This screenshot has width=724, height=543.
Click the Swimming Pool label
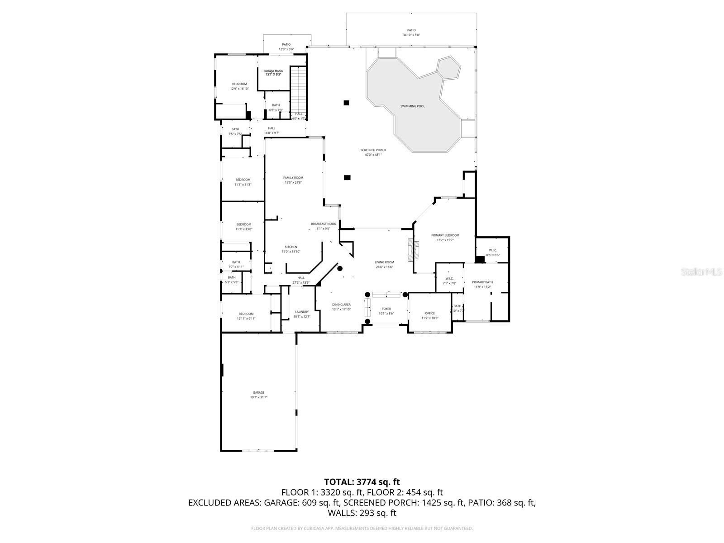tap(412, 106)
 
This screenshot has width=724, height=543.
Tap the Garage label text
tap(258, 393)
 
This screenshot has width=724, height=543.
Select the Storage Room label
tap(273, 71)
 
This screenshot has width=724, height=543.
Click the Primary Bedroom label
tap(445, 235)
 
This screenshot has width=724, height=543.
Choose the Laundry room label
tap(302, 312)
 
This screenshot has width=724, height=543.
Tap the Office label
tap(429, 313)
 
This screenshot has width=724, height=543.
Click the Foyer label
tap(386, 309)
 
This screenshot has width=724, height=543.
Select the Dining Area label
tap(341, 305)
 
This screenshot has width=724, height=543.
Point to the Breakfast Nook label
tap(323, 224)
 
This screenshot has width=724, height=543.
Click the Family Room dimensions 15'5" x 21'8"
tap(293, 183)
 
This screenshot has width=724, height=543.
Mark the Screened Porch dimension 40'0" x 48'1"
tap(373, 155)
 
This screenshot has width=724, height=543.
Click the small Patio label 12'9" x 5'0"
tap(286, 49)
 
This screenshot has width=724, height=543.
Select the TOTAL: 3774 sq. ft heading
tap(362, 482)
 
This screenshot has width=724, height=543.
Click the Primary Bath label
tap(482, 282)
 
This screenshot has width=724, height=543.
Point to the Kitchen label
tap(291, 247)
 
